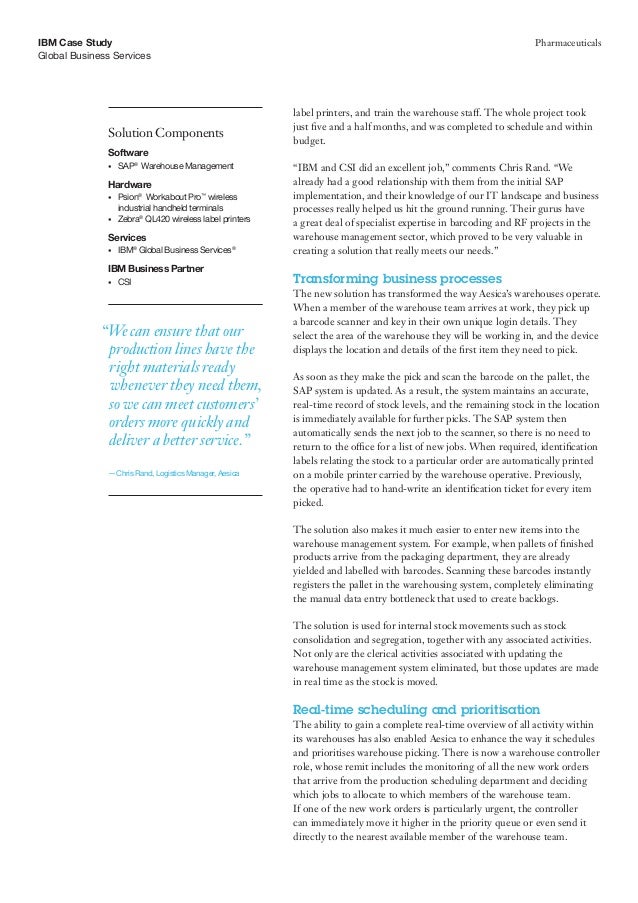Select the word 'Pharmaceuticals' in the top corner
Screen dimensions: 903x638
click(566, 42)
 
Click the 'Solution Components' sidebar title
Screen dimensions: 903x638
click(165, 133)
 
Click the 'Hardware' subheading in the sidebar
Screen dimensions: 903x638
click(130, 184)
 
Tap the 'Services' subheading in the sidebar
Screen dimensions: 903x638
click(128, 236)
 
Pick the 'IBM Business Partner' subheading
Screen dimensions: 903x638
click(153, 269)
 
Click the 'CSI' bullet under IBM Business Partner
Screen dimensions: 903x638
click(125, 283)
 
